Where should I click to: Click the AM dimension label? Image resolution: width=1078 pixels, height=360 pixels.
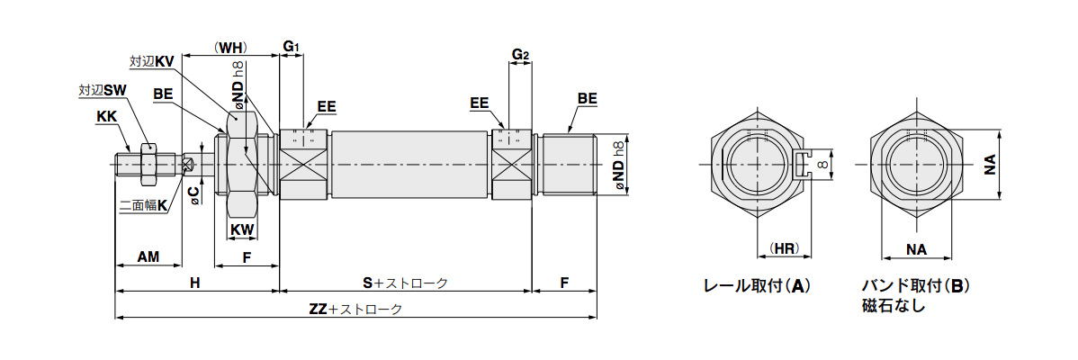(x=148, y=256)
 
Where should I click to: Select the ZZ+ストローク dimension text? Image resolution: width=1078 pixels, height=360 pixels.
(x=355, y=310)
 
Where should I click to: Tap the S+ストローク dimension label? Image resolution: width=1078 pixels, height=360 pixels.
(x=405, y=283)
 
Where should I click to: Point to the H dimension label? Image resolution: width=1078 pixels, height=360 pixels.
(x=195, y=283)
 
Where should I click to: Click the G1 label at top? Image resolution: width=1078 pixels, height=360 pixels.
(x=292, y=47)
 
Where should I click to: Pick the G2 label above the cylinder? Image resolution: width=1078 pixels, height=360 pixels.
(x=520, y=54)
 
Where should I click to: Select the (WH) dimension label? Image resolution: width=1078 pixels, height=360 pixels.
(x=229, y=48)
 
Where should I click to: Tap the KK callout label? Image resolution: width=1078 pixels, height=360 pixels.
(x=106, y=118)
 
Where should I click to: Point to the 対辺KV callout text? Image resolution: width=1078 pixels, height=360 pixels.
(x=151, y=62)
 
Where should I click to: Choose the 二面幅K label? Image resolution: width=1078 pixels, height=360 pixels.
(x=144, y=204)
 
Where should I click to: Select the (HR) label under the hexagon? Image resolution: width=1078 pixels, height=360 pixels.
(x=783, y=248)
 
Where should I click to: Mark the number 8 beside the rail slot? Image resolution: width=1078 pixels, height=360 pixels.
(x=822, y=164)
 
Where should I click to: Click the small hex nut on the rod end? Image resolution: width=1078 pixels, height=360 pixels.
(x=148, y=164)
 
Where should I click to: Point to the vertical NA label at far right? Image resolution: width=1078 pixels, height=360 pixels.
(x=989, y=165)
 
